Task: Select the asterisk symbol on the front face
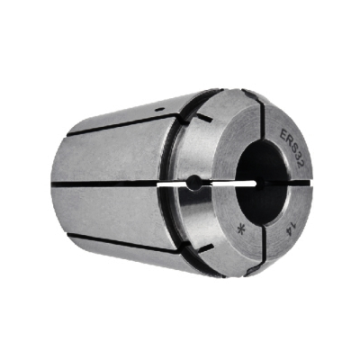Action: click(x=240, y=230)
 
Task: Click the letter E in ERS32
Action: click(x=283, y=134)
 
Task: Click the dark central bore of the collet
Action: click(x=261, y=183)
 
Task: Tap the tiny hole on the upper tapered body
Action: click(x=160, y=109)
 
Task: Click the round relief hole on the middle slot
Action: click(x=194, y=183)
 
